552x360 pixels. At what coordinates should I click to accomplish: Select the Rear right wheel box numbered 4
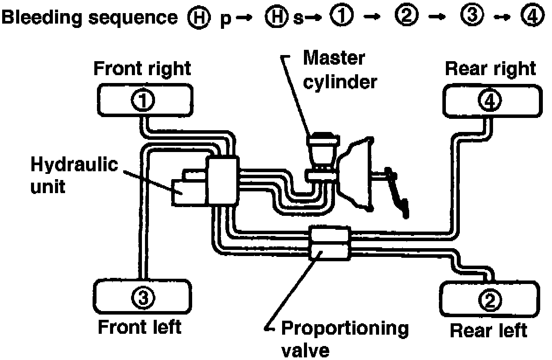click(x=492, y=100)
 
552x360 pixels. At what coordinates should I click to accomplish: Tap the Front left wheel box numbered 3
click(x=142, y=298)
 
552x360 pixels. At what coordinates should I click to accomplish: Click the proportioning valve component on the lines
click(x=329, y=242)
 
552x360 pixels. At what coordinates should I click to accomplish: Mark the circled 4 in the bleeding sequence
click(x=532, y=18)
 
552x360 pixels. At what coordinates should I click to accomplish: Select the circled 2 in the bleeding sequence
click(x=406, y=18)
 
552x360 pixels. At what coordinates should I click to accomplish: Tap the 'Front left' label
click(x=139, y=327)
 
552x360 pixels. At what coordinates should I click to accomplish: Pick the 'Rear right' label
click(x=490, y=69)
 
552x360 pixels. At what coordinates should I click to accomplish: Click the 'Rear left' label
click(x=488, y=331)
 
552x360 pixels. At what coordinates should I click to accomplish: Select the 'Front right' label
click(x=142, y=69)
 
